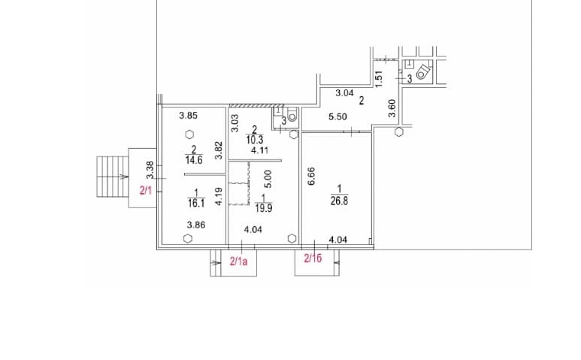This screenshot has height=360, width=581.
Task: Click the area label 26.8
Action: coord(340,201)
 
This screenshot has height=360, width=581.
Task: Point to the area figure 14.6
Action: coord(194,159)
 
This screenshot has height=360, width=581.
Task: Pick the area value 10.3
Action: coord(255,140)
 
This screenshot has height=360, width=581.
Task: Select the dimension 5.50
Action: coord(337,117)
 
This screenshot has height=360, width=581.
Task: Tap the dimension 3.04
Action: coord(344,93)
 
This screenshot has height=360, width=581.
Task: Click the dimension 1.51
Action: coord(379,76)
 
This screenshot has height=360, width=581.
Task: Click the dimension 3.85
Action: coord(188,116)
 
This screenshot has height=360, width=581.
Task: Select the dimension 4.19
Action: coord(218,197)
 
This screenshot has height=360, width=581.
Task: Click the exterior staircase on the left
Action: coord(113,177)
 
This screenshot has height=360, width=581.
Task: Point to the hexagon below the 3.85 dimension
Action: coord(188,135)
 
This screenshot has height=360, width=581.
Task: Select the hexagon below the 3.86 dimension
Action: coord(187,238)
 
